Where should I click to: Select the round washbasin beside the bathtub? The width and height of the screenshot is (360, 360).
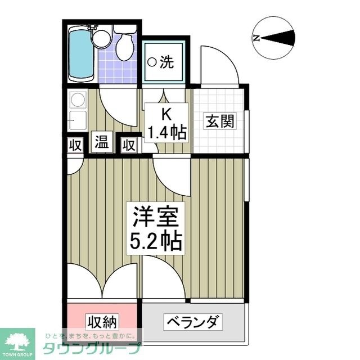tap(102, 38)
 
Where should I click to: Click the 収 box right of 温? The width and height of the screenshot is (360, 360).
tap(129, 145)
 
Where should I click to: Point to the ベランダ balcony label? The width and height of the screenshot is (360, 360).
tap(192, 323)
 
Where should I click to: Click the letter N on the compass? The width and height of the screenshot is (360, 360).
tap(256, 38)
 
